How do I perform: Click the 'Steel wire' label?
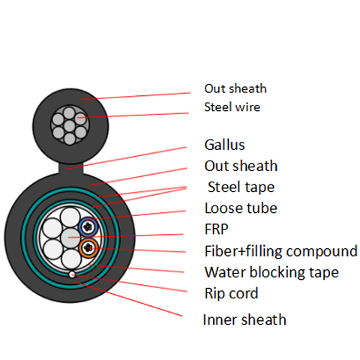[x=232, y=107]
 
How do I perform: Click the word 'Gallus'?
[x=224, y=145]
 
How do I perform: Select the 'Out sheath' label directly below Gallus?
[x=241, y=166]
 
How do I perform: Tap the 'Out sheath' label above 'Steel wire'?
[x=235, y=88]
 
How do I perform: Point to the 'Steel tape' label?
[x=241, y=187]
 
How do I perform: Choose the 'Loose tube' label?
[x=241, y=208]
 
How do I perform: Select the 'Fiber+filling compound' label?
[x=280, y=251]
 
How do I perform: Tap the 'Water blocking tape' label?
[x=271, y=272]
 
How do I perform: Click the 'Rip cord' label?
[x=231, y=293]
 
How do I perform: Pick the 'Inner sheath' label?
[x=244, y=320]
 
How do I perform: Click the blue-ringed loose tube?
[x=88, y=226]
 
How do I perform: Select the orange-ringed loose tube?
[x=88, y=247]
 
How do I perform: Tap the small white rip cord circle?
[x=71, y=274]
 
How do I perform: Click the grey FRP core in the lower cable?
[x=69, y=237]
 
